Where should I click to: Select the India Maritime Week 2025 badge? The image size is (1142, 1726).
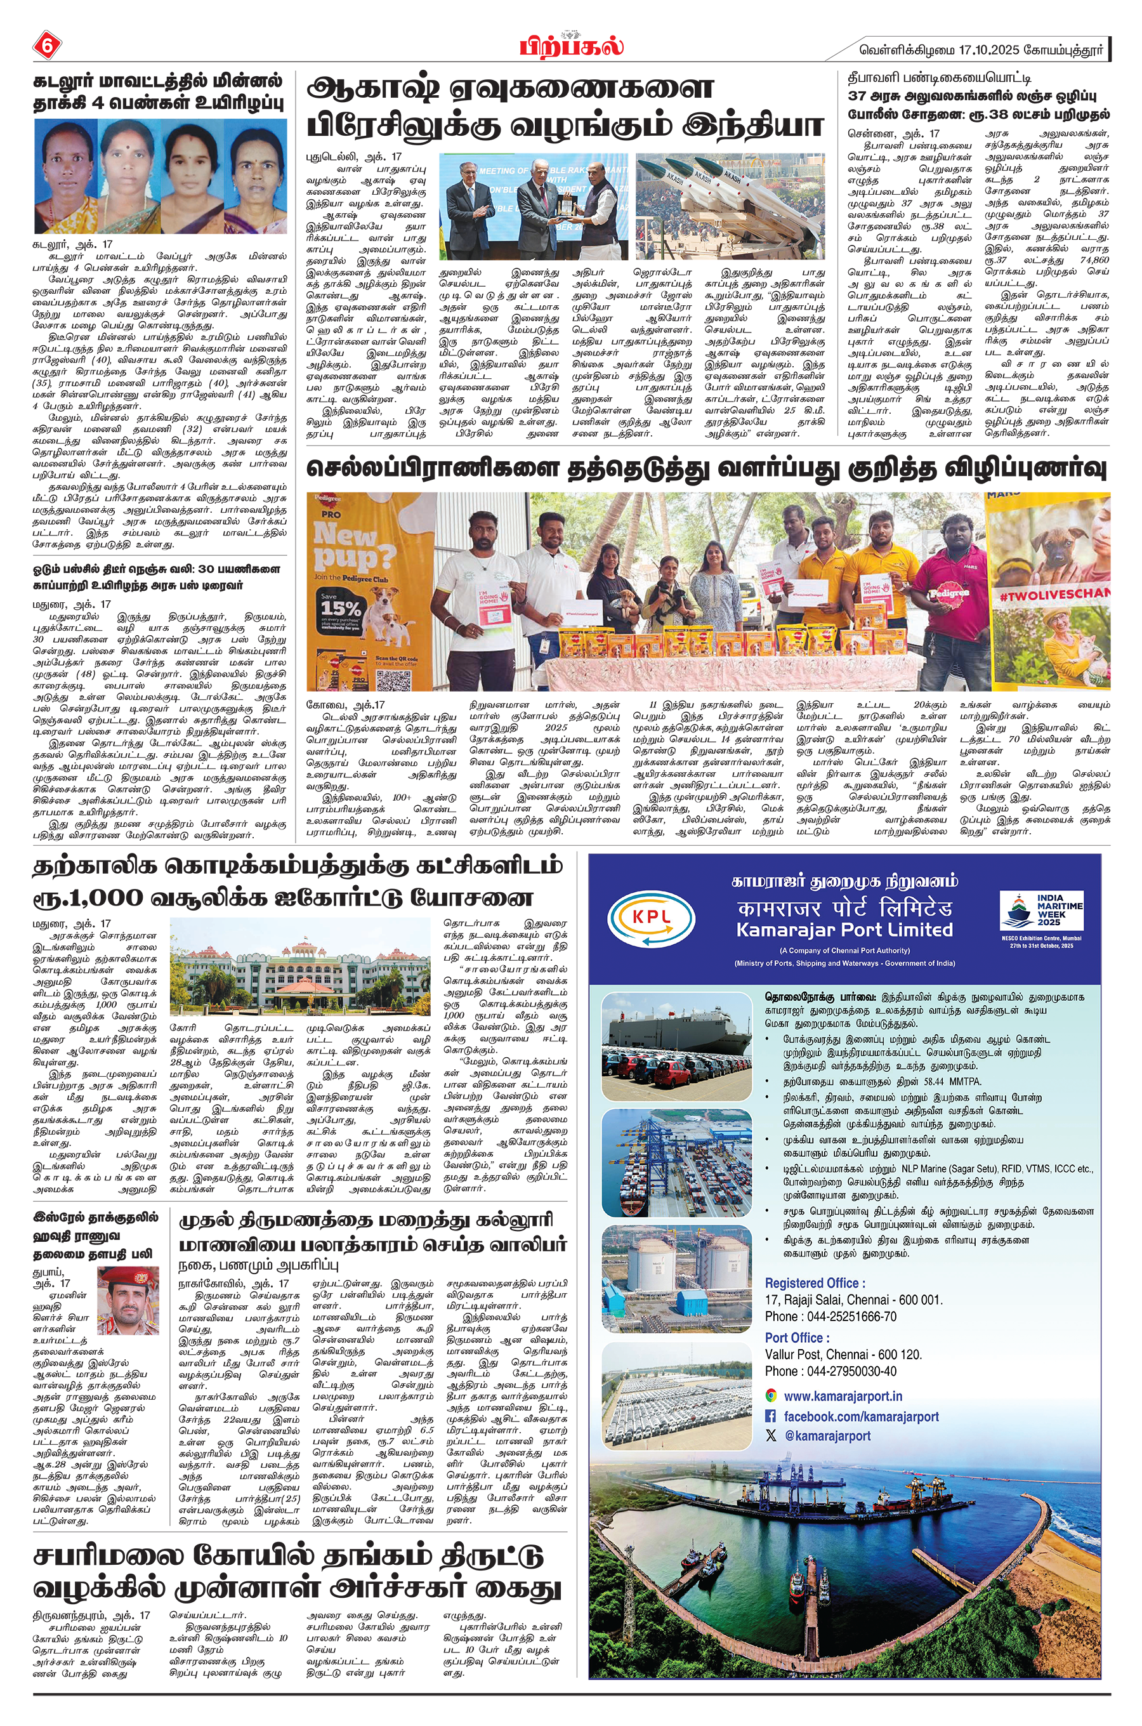click(x=1040, y=920)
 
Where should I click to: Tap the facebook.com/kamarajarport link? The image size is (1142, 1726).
click(x=860, y=1416)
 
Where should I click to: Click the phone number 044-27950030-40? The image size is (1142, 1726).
click(x=830, y=1371)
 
